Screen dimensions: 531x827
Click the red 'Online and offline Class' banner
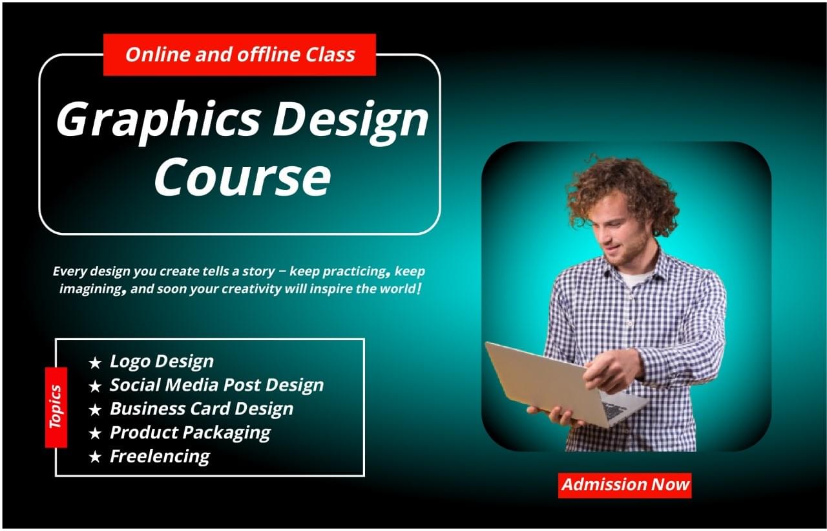pos(240,54)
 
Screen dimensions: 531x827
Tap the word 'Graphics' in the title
pos(158,120)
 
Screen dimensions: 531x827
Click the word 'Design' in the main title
pos(350,120)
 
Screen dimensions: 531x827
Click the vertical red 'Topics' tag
pos(56,407)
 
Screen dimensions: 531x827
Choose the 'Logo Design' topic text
pos(162,361)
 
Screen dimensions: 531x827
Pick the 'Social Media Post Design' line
pos(216,385)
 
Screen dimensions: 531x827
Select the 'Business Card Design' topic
pos(202,409)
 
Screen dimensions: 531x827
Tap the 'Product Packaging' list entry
pos(190,432)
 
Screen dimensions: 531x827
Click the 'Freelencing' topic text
pos(160,456)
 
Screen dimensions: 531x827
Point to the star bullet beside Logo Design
pos(95,363)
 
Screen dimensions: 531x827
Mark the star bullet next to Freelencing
pos(95,457)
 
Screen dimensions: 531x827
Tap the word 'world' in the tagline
pos(394,289)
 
